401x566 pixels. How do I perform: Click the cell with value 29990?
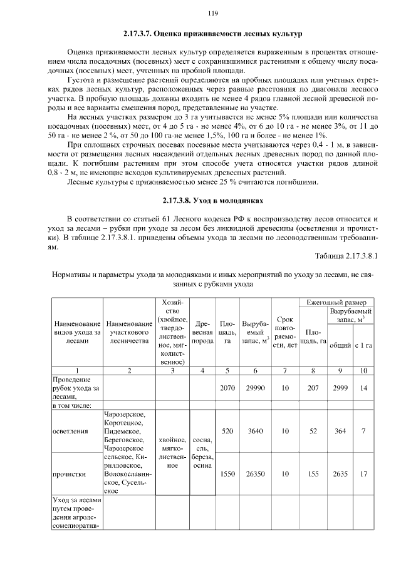tap(254, 388)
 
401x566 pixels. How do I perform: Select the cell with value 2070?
tap(227, 388)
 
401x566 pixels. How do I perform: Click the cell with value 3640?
tap(254, 432)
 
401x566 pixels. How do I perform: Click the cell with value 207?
tap(313, 388)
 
